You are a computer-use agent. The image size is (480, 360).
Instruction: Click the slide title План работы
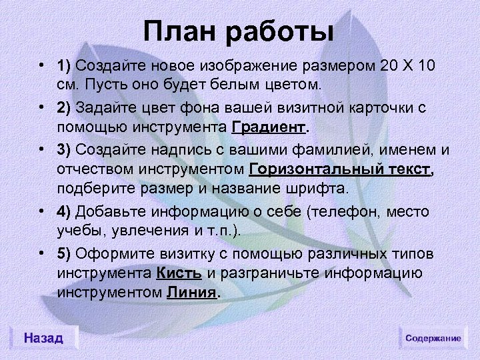[x=239, y=31]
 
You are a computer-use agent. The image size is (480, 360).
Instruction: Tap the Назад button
[x=43, y=338]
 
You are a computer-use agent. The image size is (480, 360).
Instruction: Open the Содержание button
[x=433, y=338]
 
